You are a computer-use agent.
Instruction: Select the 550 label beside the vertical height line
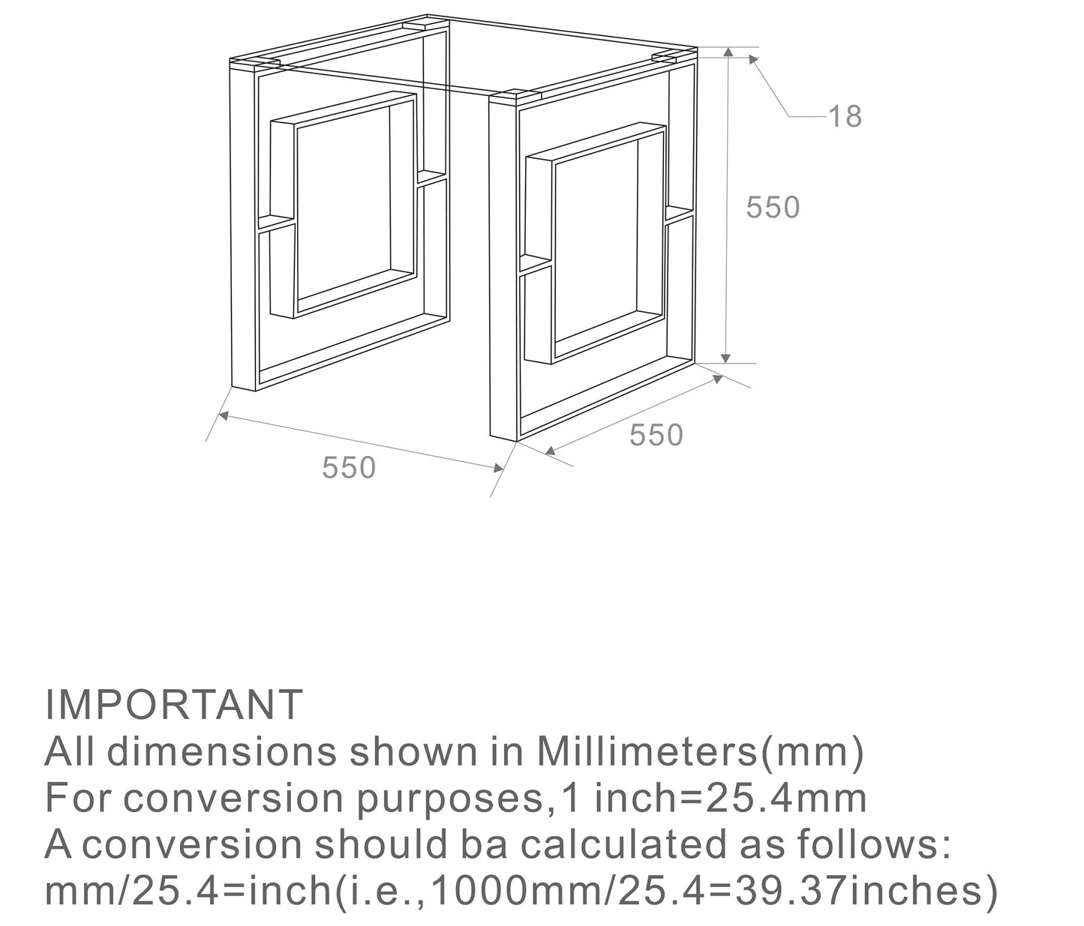[x=773, y=207]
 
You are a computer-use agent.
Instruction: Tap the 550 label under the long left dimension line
[x=348, y=467]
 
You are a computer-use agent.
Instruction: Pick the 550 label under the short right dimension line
[x=656, y=435]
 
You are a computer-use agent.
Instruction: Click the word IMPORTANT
[x=173, y=704]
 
